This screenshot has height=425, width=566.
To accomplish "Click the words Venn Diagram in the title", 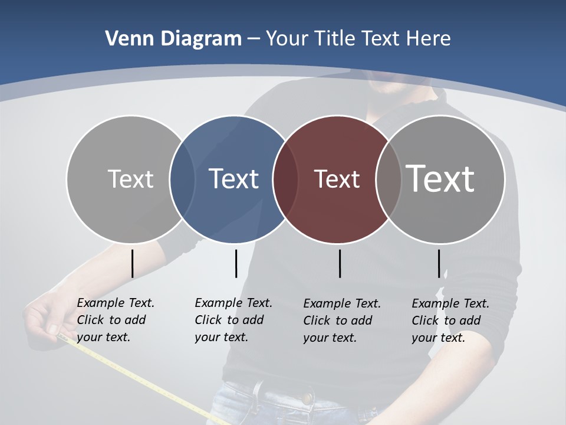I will coord(173,39).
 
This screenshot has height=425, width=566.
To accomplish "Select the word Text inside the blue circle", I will coord(233,179).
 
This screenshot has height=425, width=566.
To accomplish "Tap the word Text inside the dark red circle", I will coord(337,179).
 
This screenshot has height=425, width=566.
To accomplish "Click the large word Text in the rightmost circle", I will coord(440,178).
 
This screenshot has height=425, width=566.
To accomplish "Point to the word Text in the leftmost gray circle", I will coord(130,179).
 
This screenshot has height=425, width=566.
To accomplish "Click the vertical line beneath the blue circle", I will coord(236,263).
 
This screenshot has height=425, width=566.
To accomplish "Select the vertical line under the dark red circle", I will coord(340,263).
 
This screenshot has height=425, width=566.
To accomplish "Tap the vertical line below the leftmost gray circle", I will coord(132,263).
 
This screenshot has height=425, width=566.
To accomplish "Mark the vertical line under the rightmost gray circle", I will coord(439,263).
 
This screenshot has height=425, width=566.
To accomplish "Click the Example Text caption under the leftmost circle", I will coord(115,320).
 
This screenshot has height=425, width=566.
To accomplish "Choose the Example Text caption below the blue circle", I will coord(233,320).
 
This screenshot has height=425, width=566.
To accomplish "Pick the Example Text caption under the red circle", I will coord(341,321).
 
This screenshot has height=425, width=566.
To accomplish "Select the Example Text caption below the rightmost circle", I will coord(450,321).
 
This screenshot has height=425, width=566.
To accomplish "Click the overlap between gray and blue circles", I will coord(182,179).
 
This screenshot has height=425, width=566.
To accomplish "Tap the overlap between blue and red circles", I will coord(285,179).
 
